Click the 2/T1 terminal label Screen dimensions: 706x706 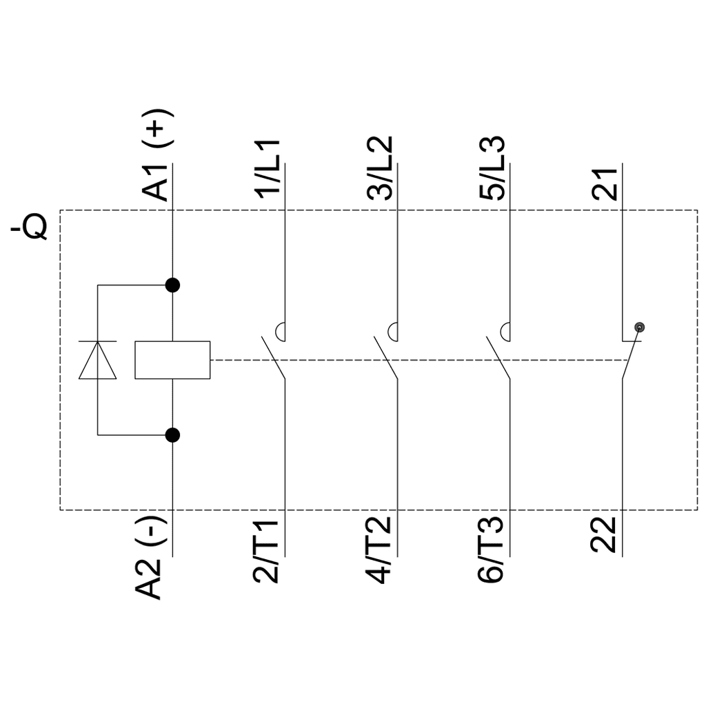[268, 552]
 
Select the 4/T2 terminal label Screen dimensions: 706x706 [380, 552]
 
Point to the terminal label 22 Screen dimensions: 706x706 [605, 537]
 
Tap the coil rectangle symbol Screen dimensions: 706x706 [172, 360]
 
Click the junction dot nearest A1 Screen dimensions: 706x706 [172, 285]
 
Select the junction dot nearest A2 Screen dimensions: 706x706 [172, 435]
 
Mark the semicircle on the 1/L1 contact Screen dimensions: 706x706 [281, 332]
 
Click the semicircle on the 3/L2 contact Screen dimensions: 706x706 [393, 332]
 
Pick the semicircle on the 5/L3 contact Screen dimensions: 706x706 [505, 332]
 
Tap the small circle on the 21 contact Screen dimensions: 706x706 [639, 327]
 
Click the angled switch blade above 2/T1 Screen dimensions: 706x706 [273, 357]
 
